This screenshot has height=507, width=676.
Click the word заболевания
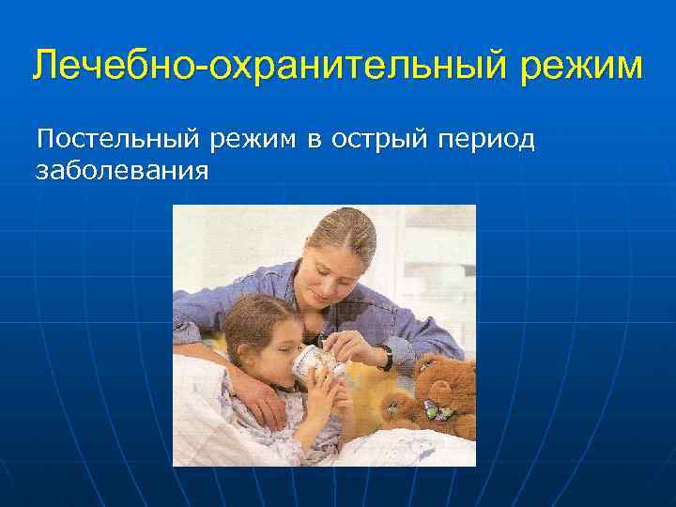tap(121, 172)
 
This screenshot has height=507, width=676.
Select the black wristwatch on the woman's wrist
tap(386, 358)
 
